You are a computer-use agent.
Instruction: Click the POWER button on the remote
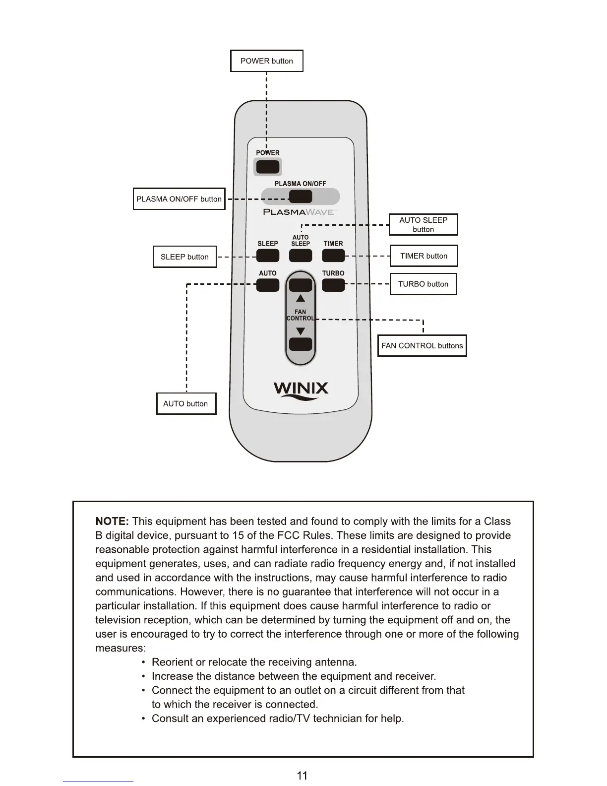point(268,166)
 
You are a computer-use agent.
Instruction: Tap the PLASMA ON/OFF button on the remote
point(301,196)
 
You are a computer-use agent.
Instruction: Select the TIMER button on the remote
point(333,256)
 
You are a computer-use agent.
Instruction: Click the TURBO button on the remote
point(333,285)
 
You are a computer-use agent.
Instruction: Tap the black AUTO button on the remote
point(268,285)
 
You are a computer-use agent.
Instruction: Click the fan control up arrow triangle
point(301,299)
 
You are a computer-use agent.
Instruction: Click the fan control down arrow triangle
point(301,331)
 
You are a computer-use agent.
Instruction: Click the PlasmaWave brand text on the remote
point(300,212)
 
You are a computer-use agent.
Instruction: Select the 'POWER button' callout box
point(267,61)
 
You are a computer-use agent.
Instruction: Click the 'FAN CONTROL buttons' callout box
point(422,346)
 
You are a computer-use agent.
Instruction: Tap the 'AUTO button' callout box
point(186,403)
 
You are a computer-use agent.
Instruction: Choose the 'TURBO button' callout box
point(423,284)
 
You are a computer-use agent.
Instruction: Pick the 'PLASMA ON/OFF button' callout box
point(179,199)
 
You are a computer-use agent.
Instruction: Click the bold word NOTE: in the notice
point(112,522)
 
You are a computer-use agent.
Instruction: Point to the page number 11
point(302,776)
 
